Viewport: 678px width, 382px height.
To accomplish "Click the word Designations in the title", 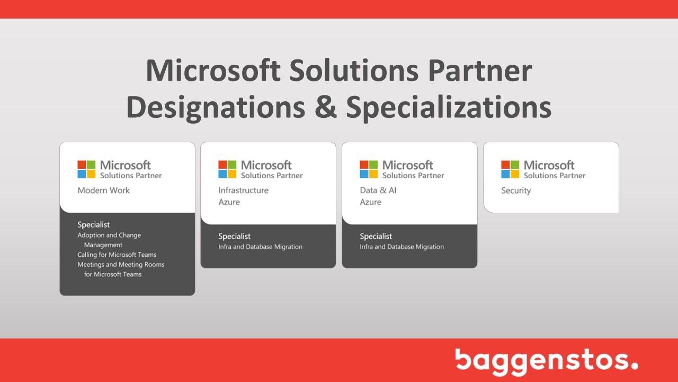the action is coord(216,108).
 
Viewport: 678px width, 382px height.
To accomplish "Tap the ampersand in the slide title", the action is coord(326,107).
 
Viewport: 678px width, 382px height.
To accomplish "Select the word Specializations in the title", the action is coord(449,108).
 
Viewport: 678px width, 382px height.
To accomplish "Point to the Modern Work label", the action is coord(103,190).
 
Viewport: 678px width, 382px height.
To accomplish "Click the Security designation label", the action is coord(516,190).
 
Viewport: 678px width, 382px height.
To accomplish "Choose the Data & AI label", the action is coord(378,190).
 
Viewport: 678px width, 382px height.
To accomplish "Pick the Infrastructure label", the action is coord(243,190).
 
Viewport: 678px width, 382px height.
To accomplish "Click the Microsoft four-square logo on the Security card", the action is coord(510,169).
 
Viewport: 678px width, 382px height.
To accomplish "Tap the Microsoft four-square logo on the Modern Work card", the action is coord(86,169).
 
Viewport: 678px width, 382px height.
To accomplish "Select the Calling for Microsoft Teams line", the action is coord(117,255).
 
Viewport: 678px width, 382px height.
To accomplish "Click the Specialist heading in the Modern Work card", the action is coord(94,224).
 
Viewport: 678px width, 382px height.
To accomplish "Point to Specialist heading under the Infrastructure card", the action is coord(235,236).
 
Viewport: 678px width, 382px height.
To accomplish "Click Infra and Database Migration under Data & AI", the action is coord(402,247).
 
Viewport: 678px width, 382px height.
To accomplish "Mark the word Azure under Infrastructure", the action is coord(229,202).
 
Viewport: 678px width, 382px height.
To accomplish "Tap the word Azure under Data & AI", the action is coord(370,202).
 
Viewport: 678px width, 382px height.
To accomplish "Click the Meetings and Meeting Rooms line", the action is coord(121,265).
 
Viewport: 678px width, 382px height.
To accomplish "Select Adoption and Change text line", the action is coord(109,235).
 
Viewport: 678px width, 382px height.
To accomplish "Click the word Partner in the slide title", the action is coord(480,71).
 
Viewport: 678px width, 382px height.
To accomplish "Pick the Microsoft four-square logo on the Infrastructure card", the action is coord(227,169).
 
